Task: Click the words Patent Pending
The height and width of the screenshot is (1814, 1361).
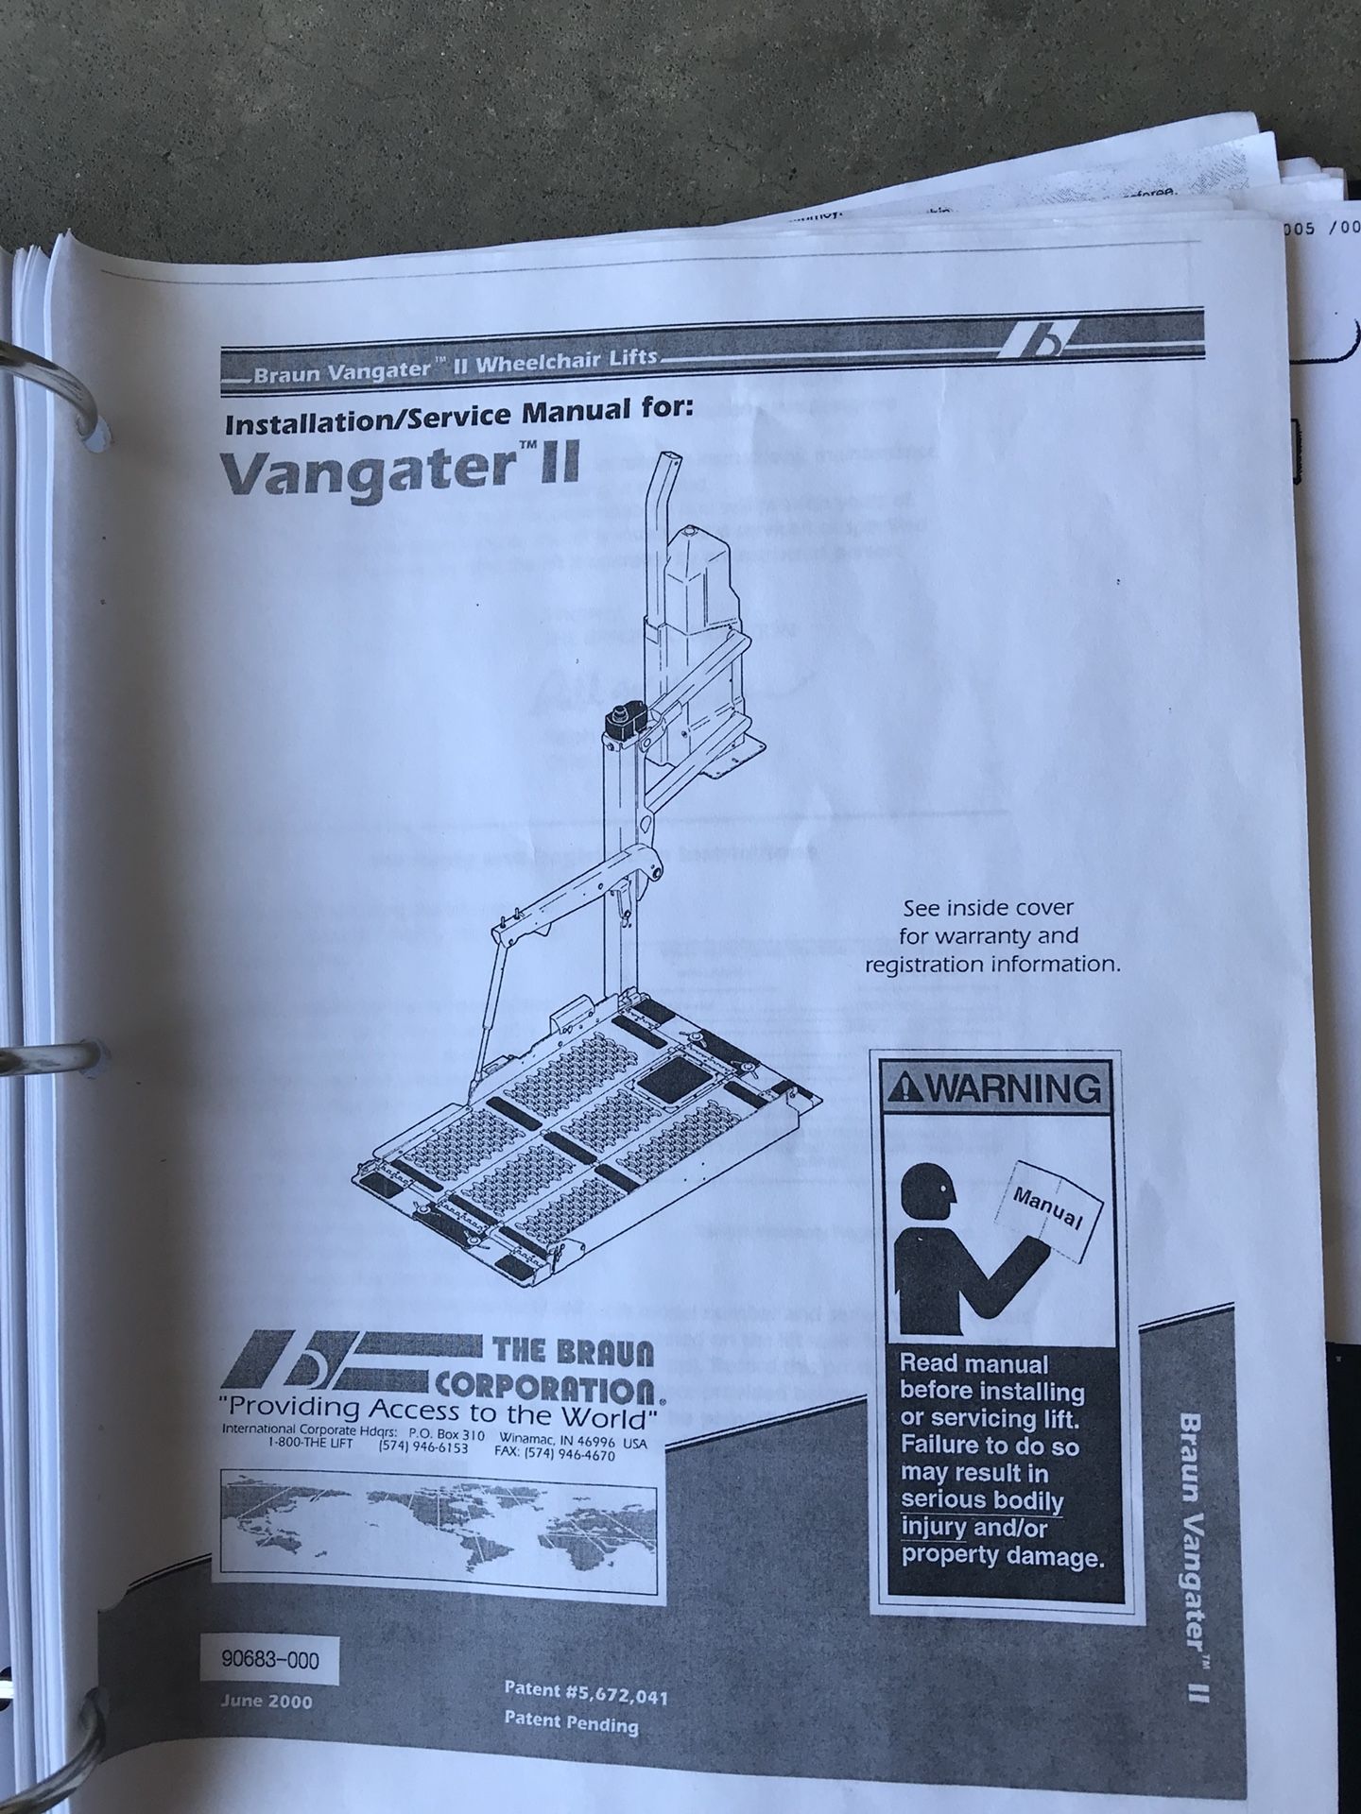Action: point(571,1724)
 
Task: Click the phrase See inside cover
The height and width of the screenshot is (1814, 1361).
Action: point(988,909)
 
